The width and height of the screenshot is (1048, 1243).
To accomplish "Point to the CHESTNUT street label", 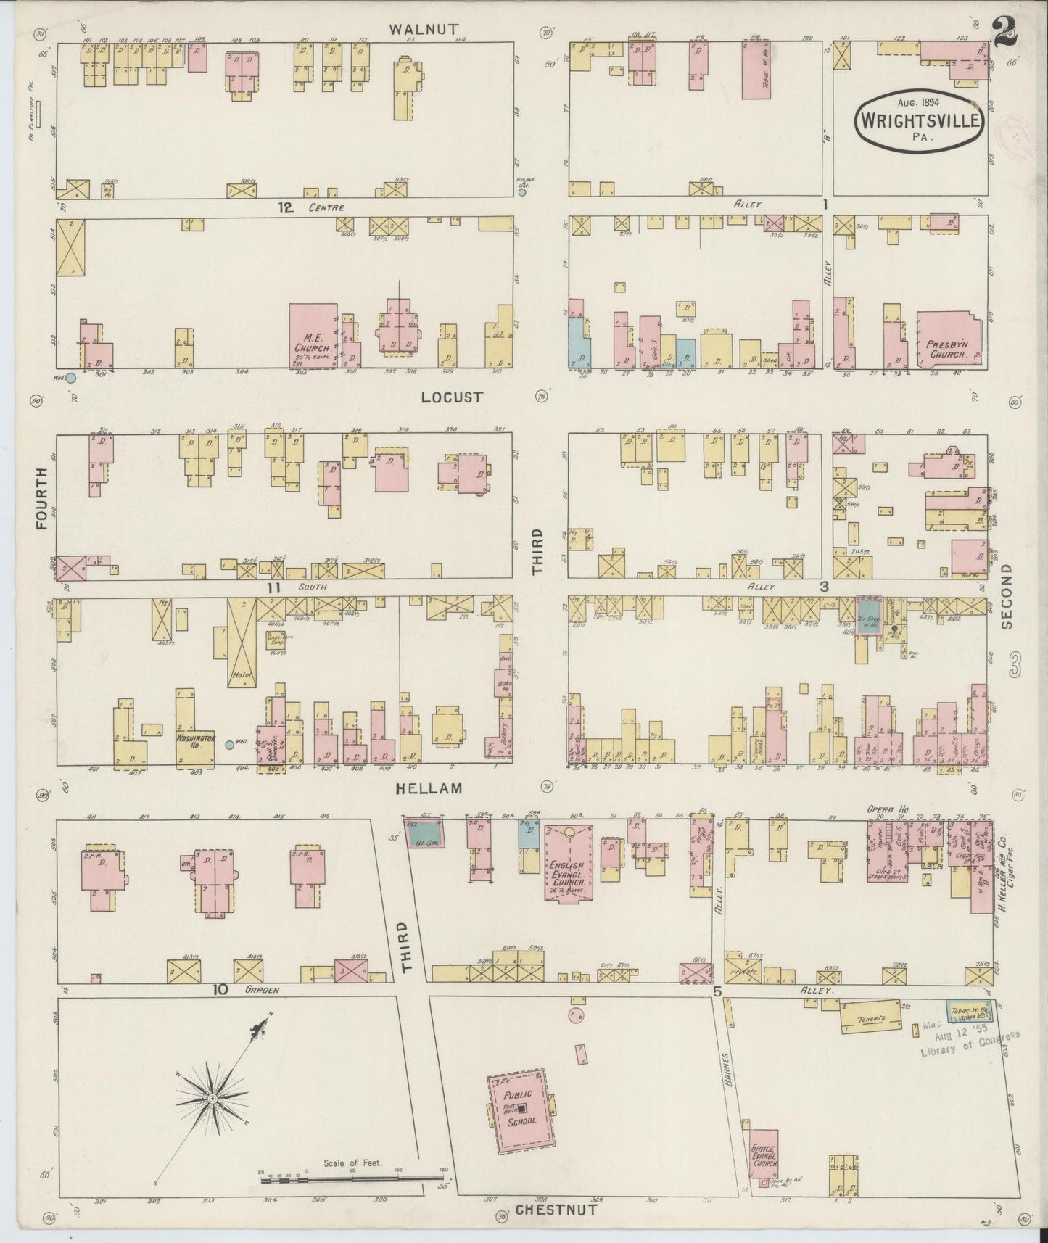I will (x=556, y=1209).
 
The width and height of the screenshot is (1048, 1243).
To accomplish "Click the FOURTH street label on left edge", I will (x=41, y=498).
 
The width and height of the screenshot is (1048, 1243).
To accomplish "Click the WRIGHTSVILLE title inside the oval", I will (x=920, y=118).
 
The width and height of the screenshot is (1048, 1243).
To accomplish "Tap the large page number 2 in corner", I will (x=1006, y=33).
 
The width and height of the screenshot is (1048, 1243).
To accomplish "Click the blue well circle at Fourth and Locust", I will (x=70, y=378).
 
